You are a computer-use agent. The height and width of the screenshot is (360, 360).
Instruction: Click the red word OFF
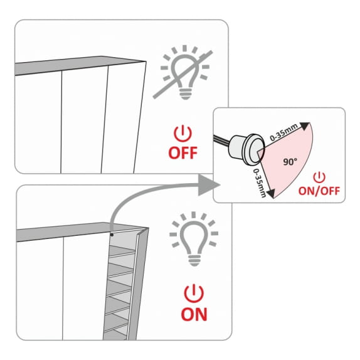[183, 153]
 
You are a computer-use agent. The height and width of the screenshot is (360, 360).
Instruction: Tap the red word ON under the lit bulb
[194, 314]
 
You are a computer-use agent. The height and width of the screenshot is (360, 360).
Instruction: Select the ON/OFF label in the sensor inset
[319, 191]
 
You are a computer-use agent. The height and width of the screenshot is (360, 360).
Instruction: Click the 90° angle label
[290, 162]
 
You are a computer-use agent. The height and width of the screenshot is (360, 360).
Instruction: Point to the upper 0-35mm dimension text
[283, 132]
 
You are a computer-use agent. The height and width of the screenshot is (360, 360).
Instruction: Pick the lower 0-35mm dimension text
[260, 183]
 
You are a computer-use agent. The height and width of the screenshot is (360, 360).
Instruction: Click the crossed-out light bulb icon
[183, 72]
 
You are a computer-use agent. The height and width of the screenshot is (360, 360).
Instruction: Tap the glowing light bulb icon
[194, 239]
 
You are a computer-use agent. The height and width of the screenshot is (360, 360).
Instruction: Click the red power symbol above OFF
[183, 134]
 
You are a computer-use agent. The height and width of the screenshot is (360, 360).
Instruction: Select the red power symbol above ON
[194, 294]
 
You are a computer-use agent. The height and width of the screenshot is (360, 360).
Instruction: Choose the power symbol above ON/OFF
[319, 177]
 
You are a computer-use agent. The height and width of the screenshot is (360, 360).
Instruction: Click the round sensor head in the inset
[255, 149]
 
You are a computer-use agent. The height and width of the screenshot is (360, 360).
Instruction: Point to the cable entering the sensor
[221, 140]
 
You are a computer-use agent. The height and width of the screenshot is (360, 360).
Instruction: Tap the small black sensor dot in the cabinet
[112, 235]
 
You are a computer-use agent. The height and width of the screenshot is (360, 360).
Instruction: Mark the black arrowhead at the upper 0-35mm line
[305, 126]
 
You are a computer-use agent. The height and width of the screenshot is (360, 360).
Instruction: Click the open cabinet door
[138, 283]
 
